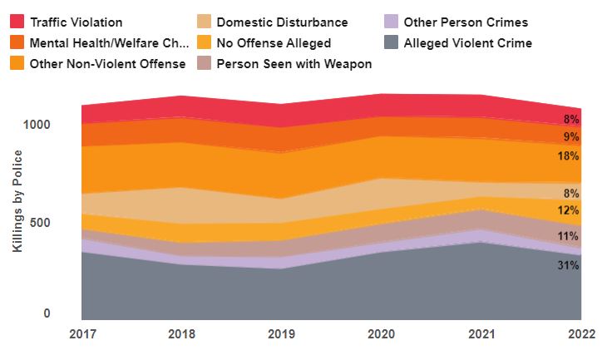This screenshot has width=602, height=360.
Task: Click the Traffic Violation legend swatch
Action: tap(16, 22)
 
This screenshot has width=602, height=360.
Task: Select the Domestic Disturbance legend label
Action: tap(282, 22)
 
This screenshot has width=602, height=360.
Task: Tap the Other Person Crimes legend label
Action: tap(466, 22)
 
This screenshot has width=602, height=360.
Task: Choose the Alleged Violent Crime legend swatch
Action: tap(391, 42)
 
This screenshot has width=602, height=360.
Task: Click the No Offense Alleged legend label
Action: tap(273, 42)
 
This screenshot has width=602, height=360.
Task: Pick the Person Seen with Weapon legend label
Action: tap(294, 62)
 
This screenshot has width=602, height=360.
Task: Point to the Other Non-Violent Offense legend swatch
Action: tap(16, 62)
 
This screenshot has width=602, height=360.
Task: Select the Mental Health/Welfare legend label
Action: tap(103, 42)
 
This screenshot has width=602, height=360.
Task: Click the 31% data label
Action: tap(569, 266)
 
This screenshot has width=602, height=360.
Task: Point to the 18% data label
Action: tap(569, 156)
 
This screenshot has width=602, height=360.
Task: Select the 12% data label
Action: tap(569, 210)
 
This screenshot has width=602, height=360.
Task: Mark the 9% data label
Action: tap(572, 137)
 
